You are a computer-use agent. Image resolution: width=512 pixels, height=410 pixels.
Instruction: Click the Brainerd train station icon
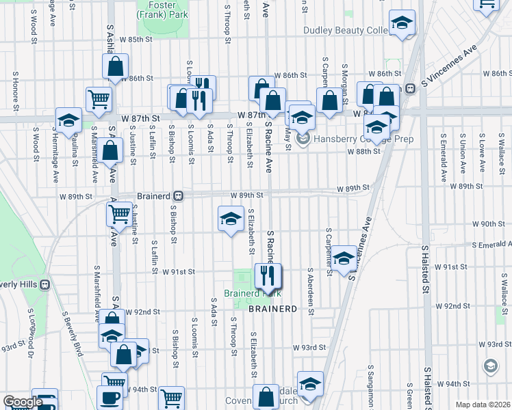[177, 195]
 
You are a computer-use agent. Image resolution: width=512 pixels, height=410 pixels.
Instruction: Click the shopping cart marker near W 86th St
[99, 98]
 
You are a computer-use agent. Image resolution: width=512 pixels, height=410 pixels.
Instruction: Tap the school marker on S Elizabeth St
[231, 219]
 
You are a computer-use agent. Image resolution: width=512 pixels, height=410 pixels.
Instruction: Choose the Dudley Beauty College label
[342, 30]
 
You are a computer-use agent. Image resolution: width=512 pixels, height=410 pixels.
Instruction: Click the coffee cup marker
[112, 398]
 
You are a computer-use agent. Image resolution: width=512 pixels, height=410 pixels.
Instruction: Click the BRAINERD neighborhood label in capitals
[272, 309]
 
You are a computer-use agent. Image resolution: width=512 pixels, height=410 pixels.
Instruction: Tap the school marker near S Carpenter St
[344, 258]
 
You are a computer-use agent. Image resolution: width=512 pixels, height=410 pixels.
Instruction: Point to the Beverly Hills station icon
[44, 284]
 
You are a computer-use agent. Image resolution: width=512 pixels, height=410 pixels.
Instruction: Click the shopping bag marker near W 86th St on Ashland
[115, 66]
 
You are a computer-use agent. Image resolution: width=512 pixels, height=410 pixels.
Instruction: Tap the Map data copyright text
[483, 405]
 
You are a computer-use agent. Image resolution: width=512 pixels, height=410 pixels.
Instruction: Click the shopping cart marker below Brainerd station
[120, 215]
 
